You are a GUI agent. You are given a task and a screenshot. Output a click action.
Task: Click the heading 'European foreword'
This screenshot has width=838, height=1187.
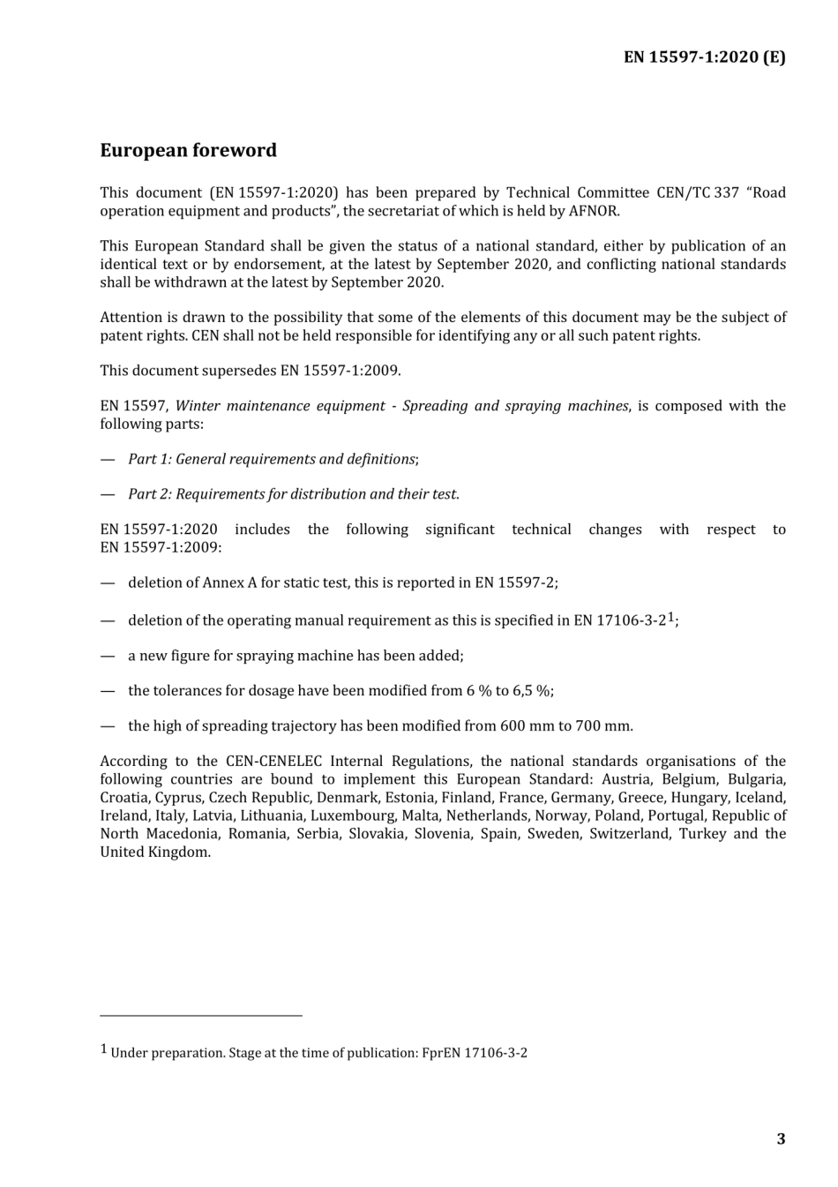click(188, 151)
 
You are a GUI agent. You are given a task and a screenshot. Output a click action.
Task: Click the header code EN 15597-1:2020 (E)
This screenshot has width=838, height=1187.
click(704, 57)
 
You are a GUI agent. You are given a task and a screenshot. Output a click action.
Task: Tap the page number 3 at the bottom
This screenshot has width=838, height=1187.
click(781, 1138)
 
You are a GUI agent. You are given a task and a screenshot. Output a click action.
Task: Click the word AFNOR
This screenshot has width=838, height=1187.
click(595, 211)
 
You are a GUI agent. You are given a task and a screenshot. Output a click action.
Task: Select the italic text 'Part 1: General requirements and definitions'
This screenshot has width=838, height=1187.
click(272, 459)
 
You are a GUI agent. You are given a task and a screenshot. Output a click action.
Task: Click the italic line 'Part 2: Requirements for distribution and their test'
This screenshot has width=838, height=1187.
click(293, 494)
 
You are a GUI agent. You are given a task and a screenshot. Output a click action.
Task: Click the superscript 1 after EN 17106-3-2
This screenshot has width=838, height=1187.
click(671, 617)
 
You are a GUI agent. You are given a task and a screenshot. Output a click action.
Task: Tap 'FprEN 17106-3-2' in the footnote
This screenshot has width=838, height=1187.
click(474, 1053)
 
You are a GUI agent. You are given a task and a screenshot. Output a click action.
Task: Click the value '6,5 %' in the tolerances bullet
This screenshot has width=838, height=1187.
click(532, 691)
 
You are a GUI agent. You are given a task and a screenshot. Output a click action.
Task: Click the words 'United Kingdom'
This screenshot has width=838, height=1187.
click(154, 853)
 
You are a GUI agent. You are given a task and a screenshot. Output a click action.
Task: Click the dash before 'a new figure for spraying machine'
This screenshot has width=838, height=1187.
click(108, 656)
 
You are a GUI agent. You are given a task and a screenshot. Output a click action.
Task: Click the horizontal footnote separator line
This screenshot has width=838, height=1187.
click(201, 1016)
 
